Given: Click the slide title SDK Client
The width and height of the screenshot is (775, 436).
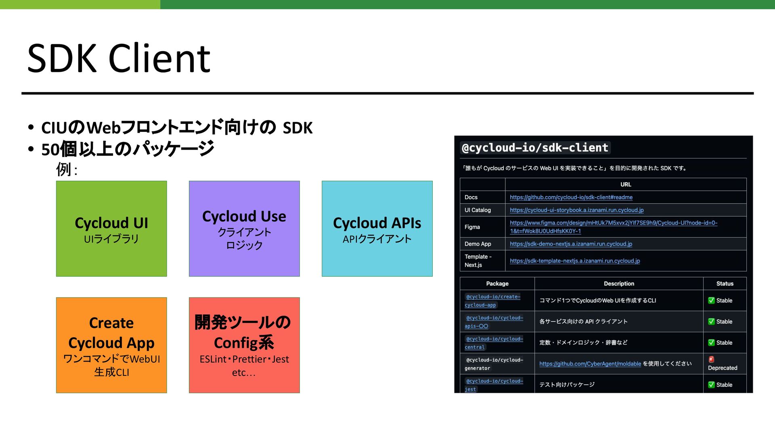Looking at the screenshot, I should click(119, 58).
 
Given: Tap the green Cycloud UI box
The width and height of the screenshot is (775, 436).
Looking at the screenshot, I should click(111, 229).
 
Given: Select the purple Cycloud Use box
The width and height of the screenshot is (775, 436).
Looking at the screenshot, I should click(244, 229).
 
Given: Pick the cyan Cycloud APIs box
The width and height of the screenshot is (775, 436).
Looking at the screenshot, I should click(377, 229).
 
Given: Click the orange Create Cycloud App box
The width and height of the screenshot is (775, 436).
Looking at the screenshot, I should click(111, 345).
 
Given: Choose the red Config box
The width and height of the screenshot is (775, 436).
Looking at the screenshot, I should click(244, 345).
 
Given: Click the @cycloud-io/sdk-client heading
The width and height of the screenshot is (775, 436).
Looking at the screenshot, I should click(535, 148).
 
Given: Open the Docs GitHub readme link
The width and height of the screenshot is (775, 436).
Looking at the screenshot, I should click(571, 197).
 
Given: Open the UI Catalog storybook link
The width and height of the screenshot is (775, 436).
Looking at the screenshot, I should click(576, 210).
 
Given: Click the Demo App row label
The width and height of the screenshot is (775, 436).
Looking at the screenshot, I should click(478, 244).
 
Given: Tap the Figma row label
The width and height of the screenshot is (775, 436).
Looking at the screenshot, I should click(472, 227).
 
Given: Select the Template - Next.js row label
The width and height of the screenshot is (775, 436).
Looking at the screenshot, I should click(478, 261).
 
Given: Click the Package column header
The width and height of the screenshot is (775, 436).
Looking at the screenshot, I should click(497, 284).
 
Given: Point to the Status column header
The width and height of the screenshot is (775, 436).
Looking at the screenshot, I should click(725, 284).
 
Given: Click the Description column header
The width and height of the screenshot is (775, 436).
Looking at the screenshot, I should click(619, 284).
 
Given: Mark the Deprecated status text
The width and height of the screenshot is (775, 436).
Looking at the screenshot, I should click(723, 368).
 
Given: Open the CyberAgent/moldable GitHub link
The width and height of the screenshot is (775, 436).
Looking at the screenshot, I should click(590, 364).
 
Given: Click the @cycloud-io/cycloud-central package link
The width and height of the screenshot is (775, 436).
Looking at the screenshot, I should click(494, 343).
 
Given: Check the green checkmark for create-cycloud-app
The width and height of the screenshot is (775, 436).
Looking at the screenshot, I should click(711, 300).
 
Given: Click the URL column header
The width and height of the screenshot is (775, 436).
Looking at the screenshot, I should click(626, 184).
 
